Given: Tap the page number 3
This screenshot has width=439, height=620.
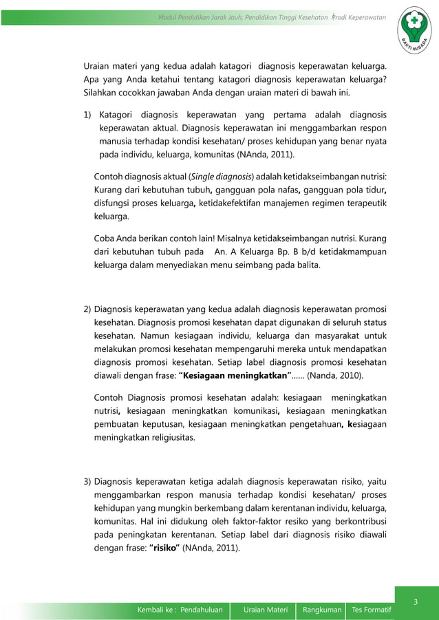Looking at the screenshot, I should [415, 603].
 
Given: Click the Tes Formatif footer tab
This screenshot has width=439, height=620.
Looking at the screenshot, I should [372, 609].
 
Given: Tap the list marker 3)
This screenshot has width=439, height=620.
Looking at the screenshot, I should [87, 480].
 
